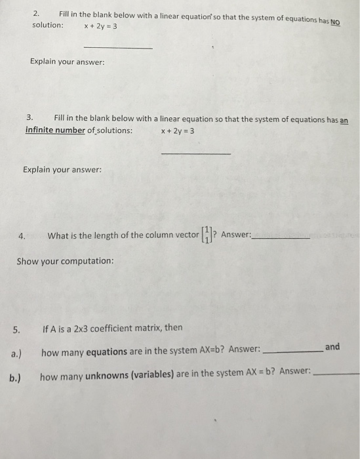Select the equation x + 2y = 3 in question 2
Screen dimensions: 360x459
(100, 26)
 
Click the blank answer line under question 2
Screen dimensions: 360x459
(119, 48)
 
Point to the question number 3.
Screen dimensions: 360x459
(30, 117)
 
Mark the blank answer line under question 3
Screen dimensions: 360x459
(195, 153)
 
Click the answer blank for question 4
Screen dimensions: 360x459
(281, 238)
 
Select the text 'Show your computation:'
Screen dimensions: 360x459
(65, 260)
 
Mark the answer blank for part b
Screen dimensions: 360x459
(337, 373)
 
